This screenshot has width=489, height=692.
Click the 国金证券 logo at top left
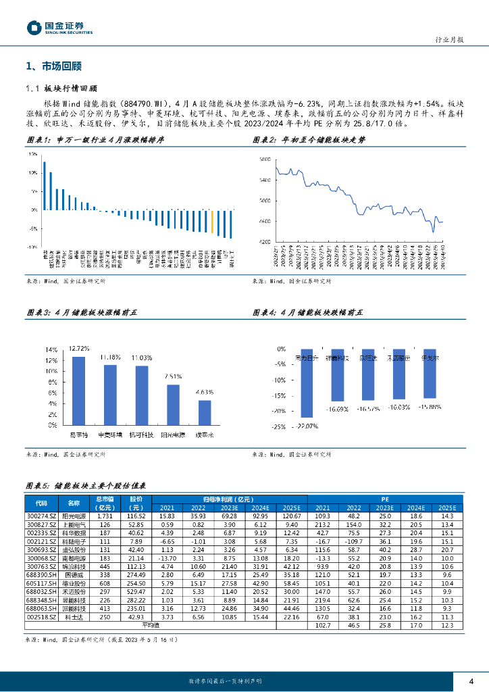[x=59, y=27]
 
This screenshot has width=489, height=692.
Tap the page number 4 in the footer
[x=471, y=680]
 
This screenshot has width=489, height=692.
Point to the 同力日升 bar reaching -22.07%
[x=307, y=392]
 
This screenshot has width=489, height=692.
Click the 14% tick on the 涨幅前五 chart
[x=51, y=350]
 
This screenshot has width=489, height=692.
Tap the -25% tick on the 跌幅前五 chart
[x=278, y=426]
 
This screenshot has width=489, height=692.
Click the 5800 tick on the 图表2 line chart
[x=264, y=159]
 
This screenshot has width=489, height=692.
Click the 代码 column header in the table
[x=41, y=503]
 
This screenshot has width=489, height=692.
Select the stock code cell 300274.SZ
[x=41, y=516]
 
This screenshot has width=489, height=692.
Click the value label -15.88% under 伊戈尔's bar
[x=430, y=407]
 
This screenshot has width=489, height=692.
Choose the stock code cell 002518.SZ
[x=41, y=616]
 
